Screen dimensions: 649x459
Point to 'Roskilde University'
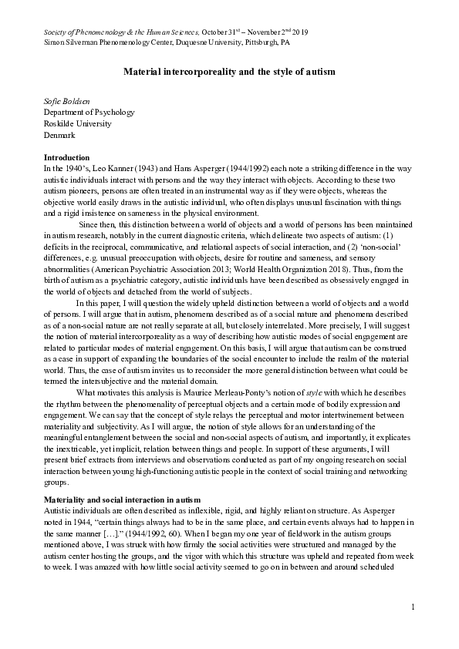point(77,123)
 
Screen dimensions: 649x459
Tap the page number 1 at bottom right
point(413,608)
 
